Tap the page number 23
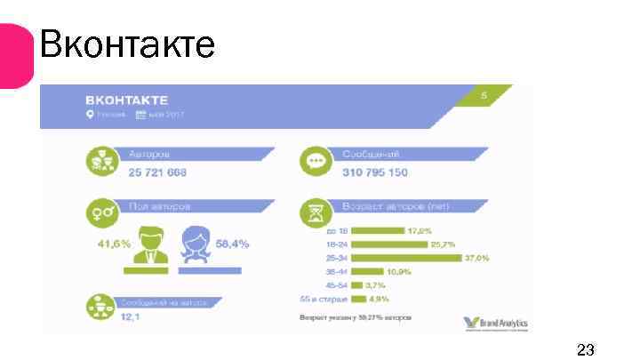(x=585, y=348)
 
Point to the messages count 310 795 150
(x=375, y=171)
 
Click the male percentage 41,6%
(x=113, y=243)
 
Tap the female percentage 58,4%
(x=232, y=243)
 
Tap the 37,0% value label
(x=476, y=258)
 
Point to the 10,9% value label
(x=399, y=271)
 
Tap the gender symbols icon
(x=99, y=213)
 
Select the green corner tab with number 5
(x=485, y=96)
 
